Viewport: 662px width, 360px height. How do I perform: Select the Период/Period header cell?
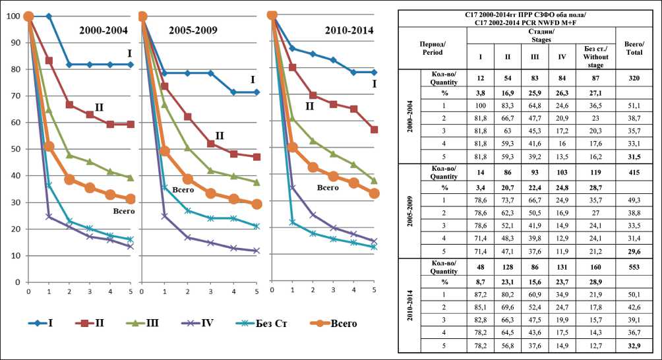pyautogui.click(x=436, y=46)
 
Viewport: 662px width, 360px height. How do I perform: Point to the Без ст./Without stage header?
pyautogui.click(x=593, y=53)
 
